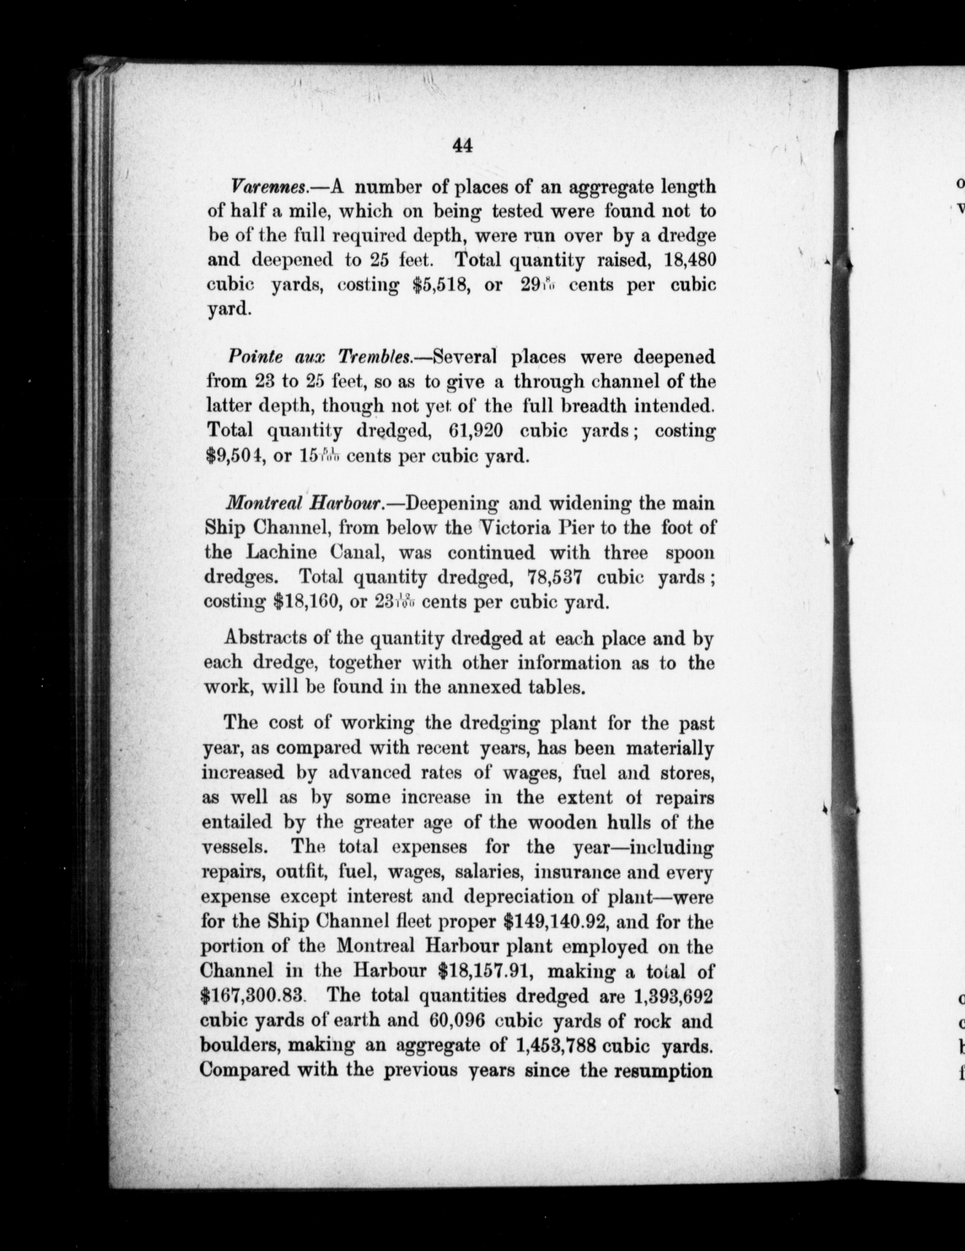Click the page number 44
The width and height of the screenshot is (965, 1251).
coord(462,146)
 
